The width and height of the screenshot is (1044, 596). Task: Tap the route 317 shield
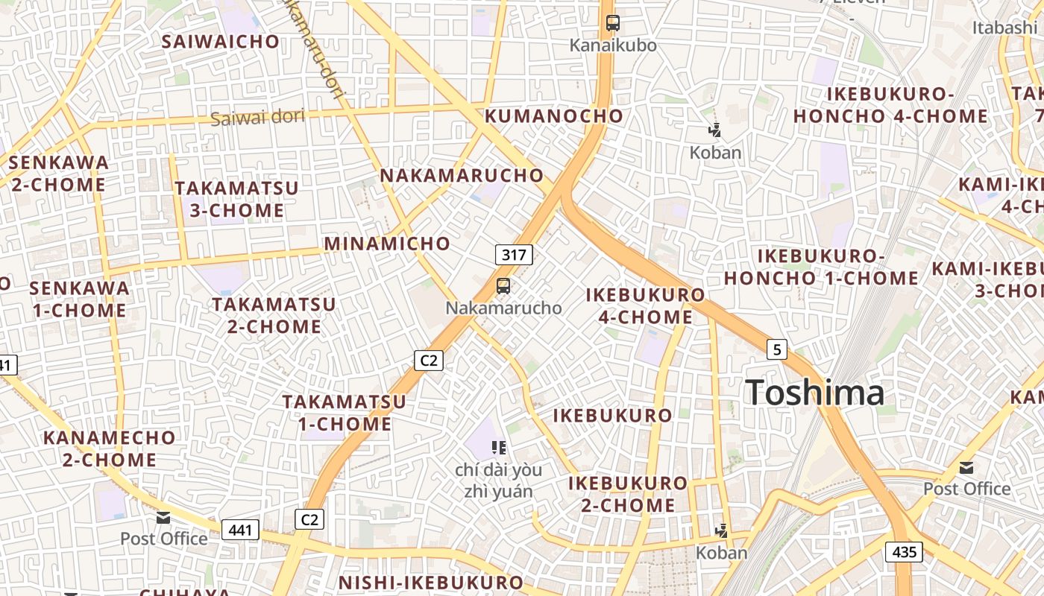(514, 255)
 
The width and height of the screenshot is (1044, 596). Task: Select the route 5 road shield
(777, 349)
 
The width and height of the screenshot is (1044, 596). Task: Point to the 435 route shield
(905, 552)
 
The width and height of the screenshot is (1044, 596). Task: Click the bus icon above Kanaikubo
(613, 23)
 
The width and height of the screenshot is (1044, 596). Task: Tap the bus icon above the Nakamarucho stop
(503, 285)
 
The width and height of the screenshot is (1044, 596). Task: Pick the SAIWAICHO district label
(221, 42)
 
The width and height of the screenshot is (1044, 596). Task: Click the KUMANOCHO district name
(554, 116)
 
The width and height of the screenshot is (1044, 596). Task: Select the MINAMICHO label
(387, 244)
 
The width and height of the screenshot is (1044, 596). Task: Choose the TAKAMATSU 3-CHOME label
(237, 199)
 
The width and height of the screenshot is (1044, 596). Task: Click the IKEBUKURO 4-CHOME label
(646, 305)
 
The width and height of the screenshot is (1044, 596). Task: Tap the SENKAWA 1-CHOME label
(79, 299)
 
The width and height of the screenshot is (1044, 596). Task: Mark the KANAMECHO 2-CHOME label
(109, 448)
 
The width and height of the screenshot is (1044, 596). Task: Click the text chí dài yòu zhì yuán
(498, 481)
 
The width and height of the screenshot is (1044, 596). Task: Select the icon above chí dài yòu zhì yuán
(499, 448)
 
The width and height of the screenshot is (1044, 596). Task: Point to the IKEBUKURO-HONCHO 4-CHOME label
(890, 105)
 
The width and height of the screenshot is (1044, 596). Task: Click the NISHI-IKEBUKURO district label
(431, 583)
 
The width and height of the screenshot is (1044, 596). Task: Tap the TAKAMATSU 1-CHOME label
(345, 413)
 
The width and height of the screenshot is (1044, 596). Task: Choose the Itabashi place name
(1004, 28)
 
